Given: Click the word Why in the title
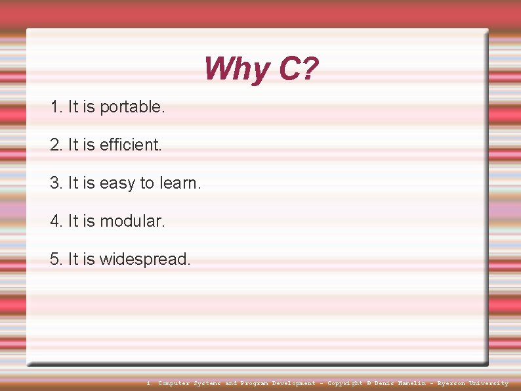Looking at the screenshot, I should pos(236,69).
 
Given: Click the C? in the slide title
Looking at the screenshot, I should pos(299,69).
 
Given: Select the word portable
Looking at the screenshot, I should pos(132,107).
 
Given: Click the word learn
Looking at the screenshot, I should pos(180,183).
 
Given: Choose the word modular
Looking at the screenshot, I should pos(132,221).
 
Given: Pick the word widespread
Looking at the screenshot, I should pos(145,260).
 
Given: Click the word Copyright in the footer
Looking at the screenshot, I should pos(344,383).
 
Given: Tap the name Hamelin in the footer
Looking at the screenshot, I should pos(412,383).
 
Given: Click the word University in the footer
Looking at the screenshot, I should pos(488,383).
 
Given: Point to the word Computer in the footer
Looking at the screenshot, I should pos(174,383).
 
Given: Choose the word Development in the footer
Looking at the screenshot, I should pos(293,383).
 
